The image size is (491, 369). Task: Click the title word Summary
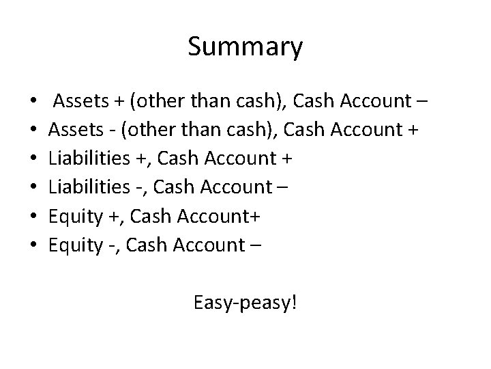[x=245, y=47]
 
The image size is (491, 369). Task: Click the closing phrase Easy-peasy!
[x=245, y=302]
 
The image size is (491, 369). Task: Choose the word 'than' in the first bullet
[x=205, y=102]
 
